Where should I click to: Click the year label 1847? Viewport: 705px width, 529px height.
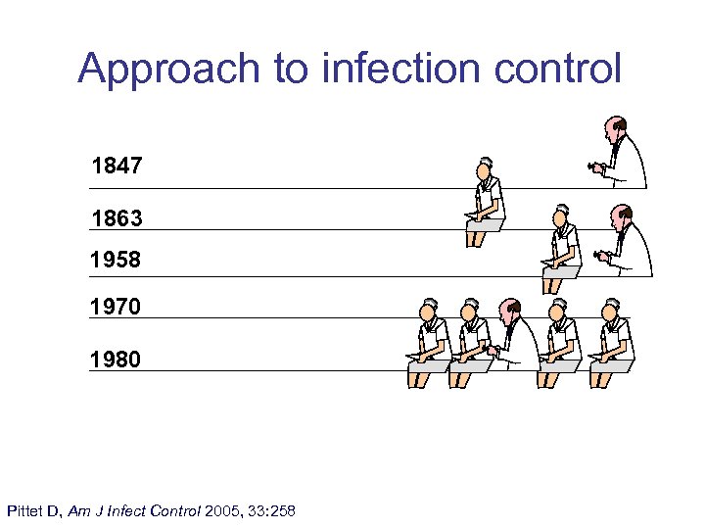click(x=117, y=166)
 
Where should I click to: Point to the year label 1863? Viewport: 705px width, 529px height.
click(x=117, y=218)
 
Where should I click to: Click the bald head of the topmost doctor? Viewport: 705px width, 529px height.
click(x=614, y=127)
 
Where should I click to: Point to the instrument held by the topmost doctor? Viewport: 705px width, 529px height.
click(x=595, y=168)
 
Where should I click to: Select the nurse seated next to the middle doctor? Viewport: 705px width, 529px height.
click(x=561, y=247)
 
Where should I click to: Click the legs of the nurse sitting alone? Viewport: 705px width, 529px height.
click(x=476, y=237)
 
